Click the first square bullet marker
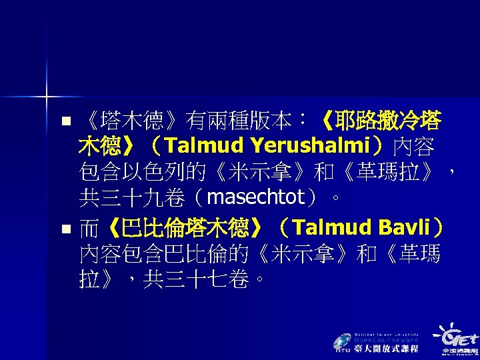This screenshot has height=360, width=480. pyautogui.click(x=65, y=121)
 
